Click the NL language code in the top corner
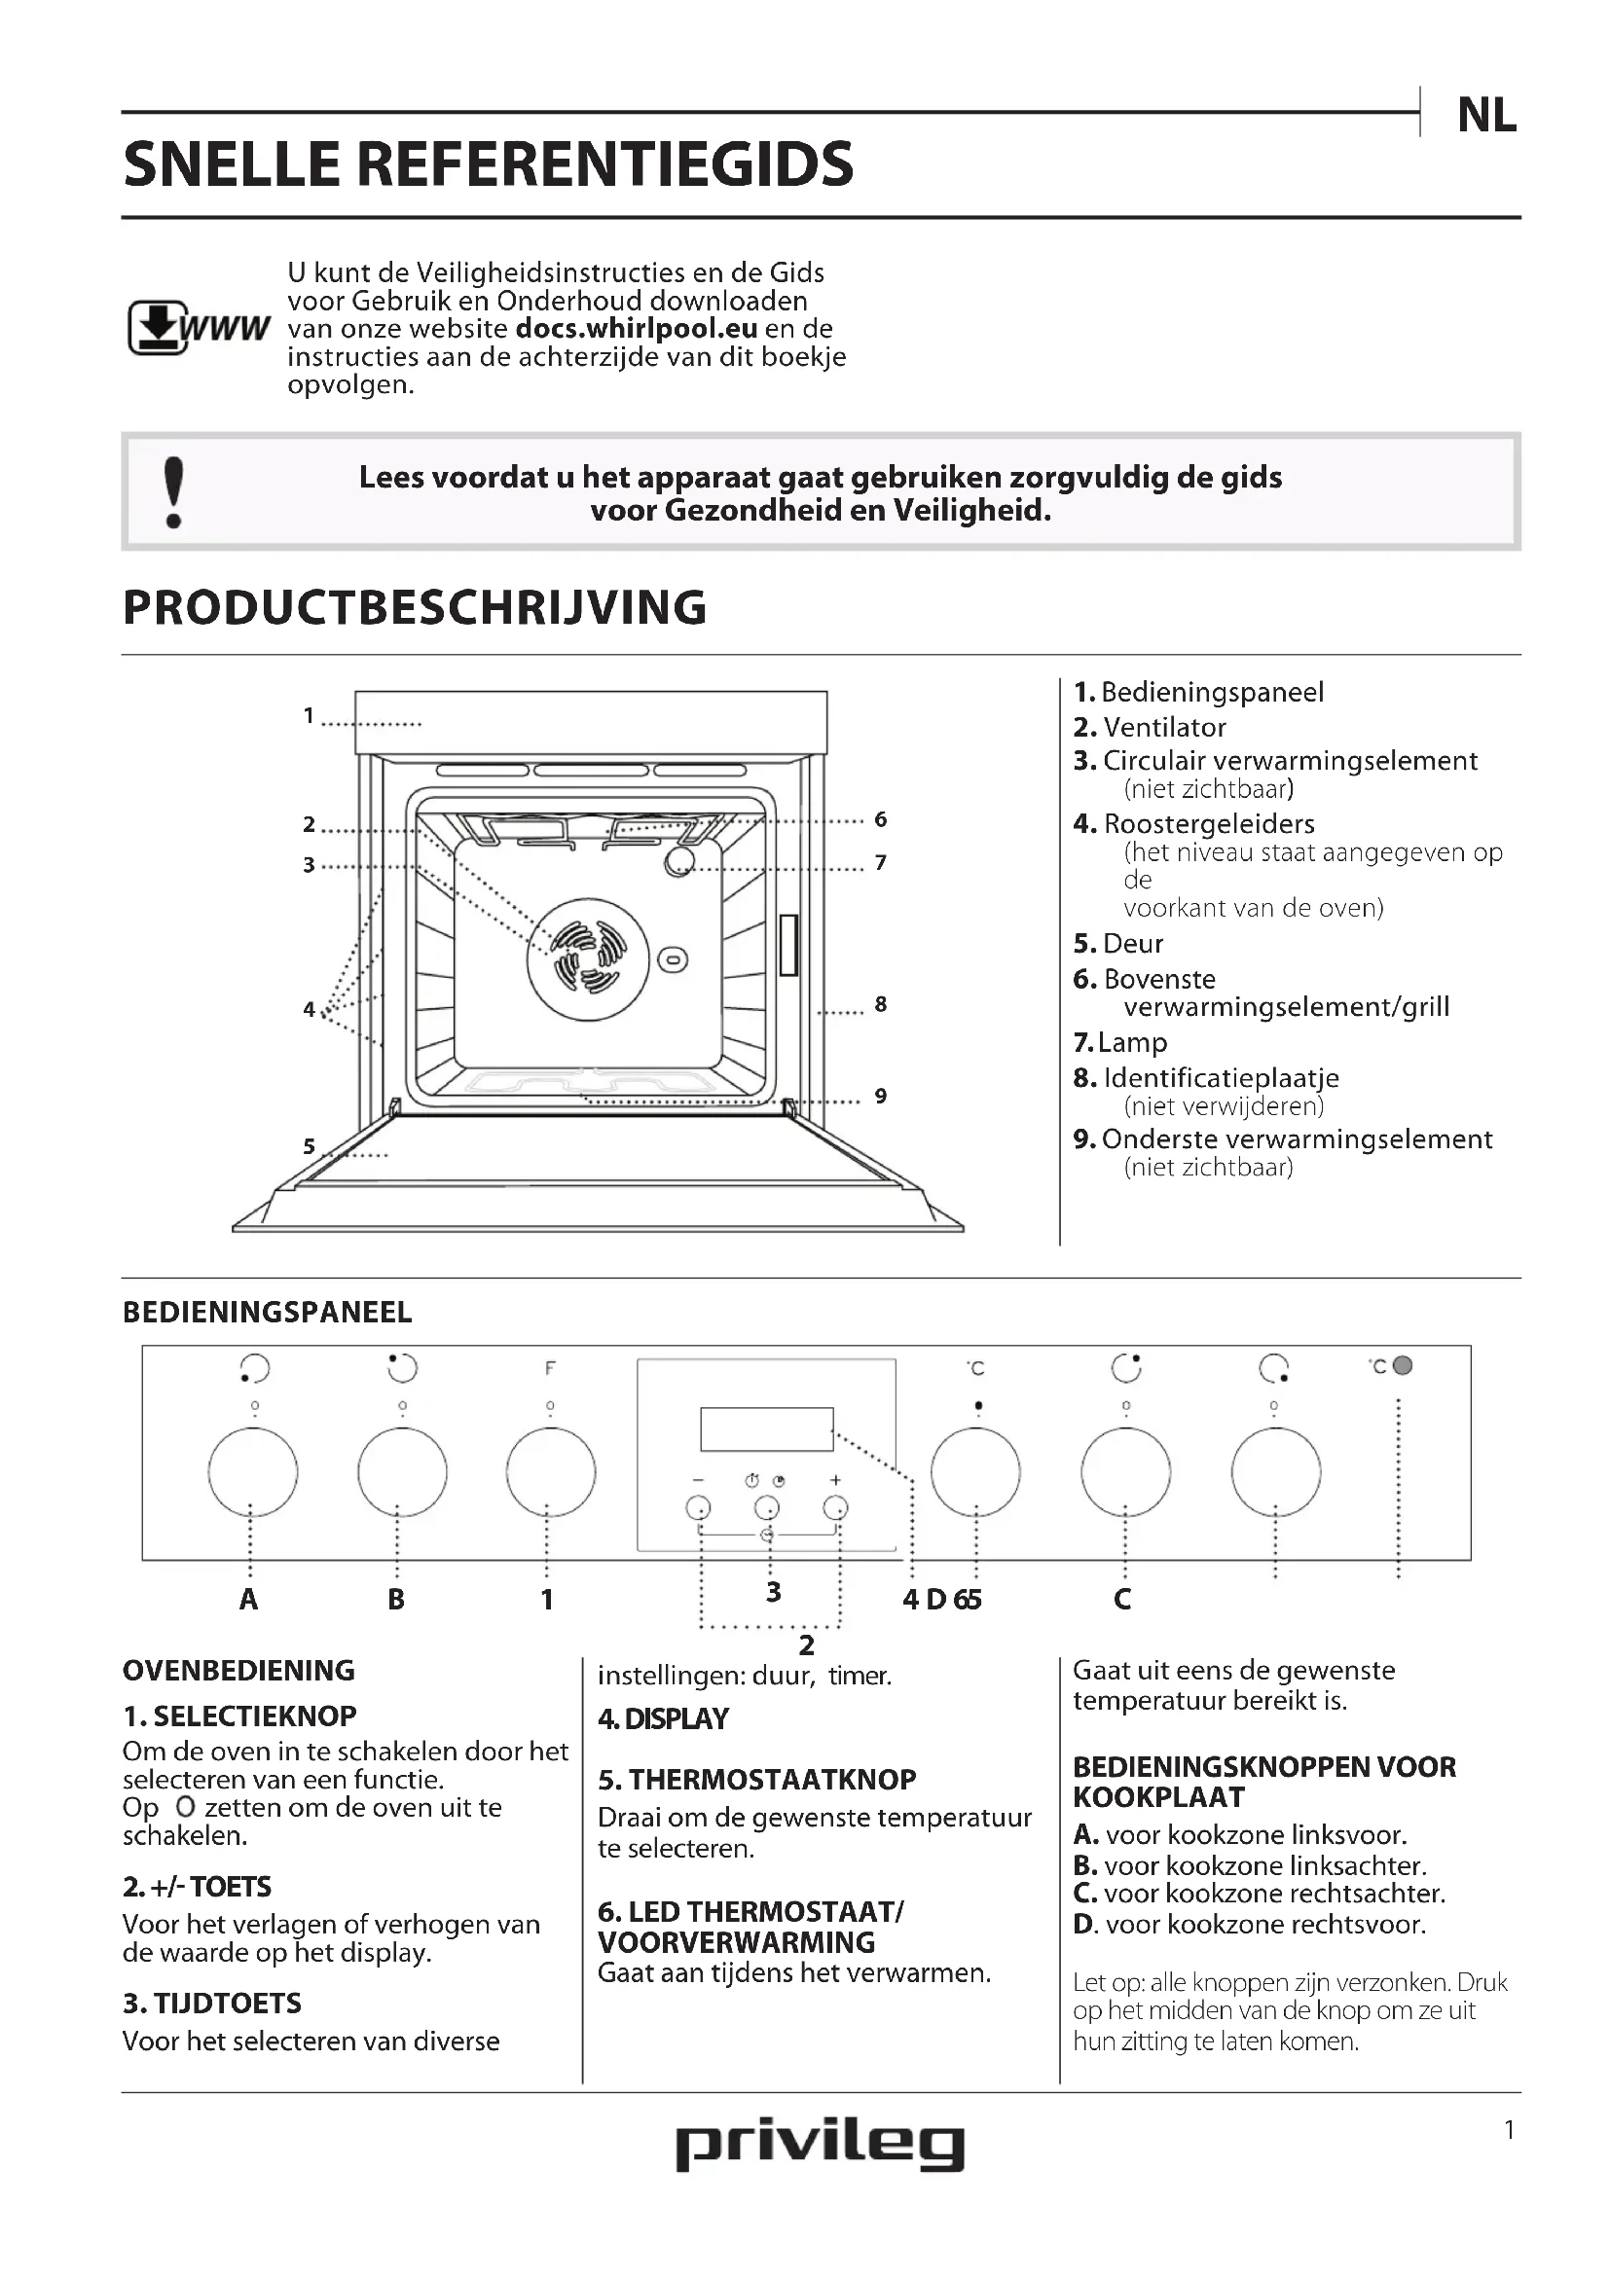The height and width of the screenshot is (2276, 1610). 1486,116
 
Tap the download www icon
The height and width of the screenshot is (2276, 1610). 199,327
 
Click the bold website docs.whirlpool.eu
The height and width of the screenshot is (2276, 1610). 637,328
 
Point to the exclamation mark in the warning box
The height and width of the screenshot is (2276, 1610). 173,491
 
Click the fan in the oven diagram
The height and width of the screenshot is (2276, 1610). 588,958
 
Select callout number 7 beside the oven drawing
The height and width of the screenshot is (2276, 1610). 880,862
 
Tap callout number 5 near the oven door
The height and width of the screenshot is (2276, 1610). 310,1147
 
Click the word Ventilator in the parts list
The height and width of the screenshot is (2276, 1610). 1164,728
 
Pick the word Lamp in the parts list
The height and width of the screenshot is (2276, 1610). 1132,1043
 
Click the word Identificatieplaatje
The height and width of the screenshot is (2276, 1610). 1221,1077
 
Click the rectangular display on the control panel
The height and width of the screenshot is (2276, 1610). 766,1429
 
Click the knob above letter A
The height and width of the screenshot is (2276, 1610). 253,1472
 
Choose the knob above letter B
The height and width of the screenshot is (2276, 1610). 401,1472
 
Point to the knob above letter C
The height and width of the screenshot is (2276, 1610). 1125,1472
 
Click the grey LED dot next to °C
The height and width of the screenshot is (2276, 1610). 1402,1366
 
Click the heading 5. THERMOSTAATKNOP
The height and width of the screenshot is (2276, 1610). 756,1780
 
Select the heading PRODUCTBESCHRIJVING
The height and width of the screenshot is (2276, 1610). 415,607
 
